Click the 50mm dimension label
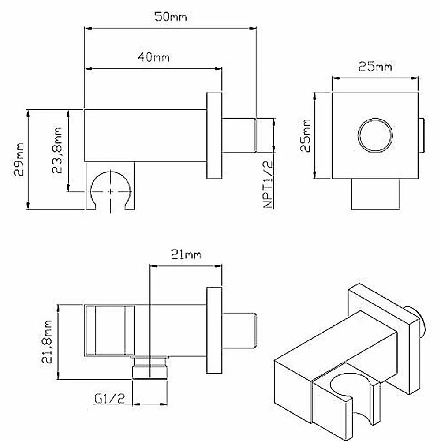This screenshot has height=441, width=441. pos(170,17)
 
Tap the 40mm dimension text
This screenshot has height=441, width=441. pos(153,57)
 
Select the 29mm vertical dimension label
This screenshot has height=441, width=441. pos(19,159)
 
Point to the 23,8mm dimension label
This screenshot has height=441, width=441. pos(57,150)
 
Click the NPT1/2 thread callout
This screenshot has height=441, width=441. pos(268,184)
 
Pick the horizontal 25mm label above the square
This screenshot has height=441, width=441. pos(375,67)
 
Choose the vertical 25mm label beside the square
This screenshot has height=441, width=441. pos(306,135)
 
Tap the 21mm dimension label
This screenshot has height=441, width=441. pos(186,255)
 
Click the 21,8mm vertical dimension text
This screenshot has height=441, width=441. pos(47,342)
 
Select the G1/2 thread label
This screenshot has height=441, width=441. pos(109,399)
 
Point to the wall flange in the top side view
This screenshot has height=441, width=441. pos(214,135)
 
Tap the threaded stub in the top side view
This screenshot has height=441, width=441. pos(239,135)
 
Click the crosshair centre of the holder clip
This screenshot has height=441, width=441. pos(111,191)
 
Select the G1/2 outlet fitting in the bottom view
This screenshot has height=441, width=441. pos(150,368)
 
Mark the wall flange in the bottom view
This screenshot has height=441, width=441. pos(214,330)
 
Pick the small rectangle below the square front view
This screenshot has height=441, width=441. pos(375,194)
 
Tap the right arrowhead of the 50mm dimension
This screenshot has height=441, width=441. pos(253,28)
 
